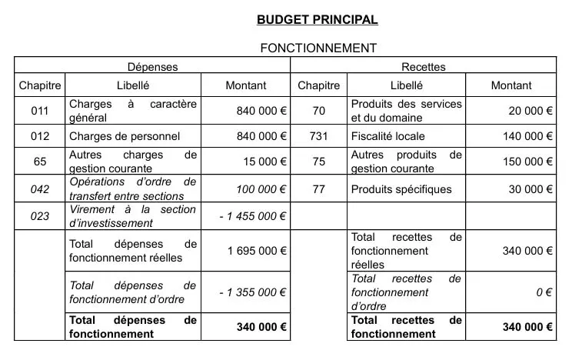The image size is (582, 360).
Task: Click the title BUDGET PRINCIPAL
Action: (x=318, y=19)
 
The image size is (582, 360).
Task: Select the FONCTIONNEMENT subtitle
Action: (x=318, y=48)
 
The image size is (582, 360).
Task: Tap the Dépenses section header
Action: (x=152, y=67)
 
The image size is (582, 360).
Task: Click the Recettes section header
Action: (x=424, y=67)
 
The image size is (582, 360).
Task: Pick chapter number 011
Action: (x=40, y=111)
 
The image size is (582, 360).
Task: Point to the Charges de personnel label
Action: (x=125, y=137)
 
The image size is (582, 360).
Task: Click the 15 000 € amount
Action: (x=263, y=162)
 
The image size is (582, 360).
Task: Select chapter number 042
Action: (x=40, y=189)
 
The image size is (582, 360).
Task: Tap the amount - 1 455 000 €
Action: (x=252, y=217)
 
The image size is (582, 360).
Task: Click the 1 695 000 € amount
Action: (x=257, y=251)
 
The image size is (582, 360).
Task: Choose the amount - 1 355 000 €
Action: (x=252, y=292)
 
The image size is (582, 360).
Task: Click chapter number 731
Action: (x=319, y=137)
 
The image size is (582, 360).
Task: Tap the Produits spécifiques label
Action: (x=401, y=189)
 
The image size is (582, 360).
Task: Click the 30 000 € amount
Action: (x=530, y=189)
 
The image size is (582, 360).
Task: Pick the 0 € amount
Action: (x=544, y=292)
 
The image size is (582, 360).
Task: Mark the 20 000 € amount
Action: (x=530, y=111)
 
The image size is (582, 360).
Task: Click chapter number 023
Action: (x=40, y=217)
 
